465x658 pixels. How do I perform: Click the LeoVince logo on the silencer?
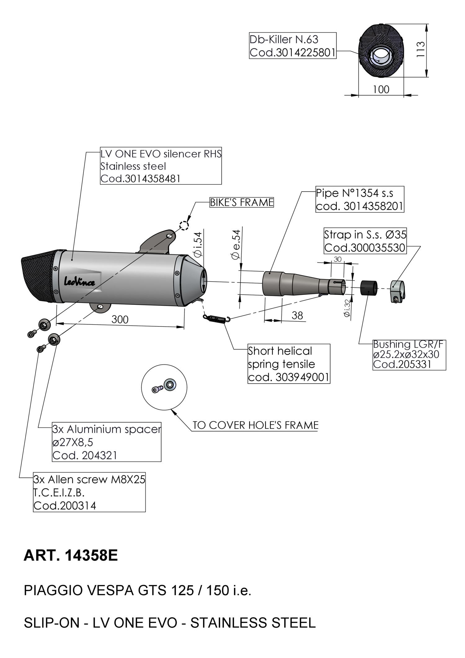[x=79, y=282]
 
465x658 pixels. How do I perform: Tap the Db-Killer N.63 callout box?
[x=292, y=46]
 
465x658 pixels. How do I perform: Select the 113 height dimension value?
[x=420, y=50]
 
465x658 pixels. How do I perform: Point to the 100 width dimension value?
[x=381, y=90]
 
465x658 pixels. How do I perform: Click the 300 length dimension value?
[x=120, y=319]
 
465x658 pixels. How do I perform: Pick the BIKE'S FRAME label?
[x=241, y=202]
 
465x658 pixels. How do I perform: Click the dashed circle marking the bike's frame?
[x=184, y=225]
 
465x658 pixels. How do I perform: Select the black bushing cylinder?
[x=369, y=287]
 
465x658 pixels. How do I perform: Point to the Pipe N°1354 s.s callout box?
[x=360, y=199]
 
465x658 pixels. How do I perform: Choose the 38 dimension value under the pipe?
[x=297, y=315]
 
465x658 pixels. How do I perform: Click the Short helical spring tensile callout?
[x=289, y=364]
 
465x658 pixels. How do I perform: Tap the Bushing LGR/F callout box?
[x=409, y=354]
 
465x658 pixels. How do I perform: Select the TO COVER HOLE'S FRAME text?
[x=255, y=425]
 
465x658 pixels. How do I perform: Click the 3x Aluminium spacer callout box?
[x=106, y=442]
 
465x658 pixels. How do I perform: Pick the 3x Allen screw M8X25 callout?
[x=89, y=492]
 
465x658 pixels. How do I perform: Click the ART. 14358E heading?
[x=71, y=556]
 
